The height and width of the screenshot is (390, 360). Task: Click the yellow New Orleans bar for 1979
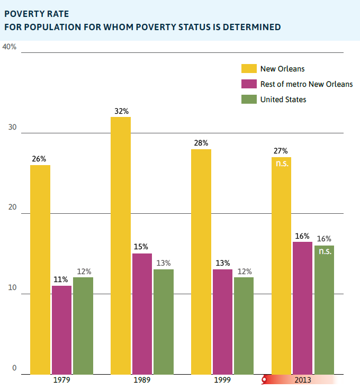coord(40,270)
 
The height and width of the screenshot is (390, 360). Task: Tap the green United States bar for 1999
coord(244,325)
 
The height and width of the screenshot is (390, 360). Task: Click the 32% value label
coord(121,111)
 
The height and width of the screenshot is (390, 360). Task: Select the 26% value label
coord(40,159)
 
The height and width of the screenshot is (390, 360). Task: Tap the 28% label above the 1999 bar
coord(201,143)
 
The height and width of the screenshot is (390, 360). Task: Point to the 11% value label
coord(61,279)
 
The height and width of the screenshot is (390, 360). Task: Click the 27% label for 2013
coord(281,151)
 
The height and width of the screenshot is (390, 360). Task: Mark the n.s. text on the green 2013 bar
coord(325,251)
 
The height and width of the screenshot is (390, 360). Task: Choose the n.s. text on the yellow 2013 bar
coord(281,164)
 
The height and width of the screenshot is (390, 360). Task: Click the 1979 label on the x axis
coord(61,380)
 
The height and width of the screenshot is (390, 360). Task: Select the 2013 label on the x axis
coord(303,380)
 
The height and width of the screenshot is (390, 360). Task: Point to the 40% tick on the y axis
coord(10,47)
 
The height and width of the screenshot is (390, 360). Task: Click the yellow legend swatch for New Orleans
coord(248,68)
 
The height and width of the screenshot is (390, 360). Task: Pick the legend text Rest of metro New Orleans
coord(307,84)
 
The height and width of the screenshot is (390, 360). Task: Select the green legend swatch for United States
coord(248,99)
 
